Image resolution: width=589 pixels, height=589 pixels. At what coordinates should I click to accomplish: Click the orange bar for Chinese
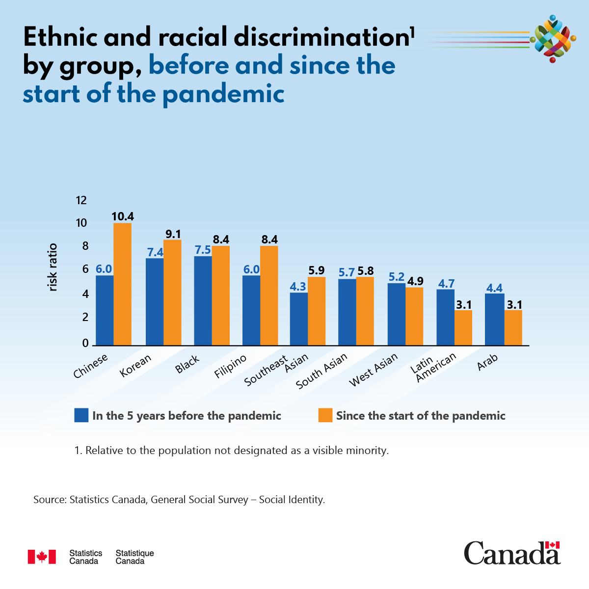pos(122,284)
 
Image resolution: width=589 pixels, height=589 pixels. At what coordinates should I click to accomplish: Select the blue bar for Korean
pos(155,302)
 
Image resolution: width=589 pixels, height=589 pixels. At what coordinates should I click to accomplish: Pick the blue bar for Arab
pos(494,320)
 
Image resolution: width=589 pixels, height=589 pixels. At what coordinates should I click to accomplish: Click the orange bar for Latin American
pos(463,327)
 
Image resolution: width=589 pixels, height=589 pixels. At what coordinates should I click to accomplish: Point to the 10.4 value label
pos(122,216)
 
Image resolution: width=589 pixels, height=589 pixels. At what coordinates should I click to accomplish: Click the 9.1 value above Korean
pos(173,234)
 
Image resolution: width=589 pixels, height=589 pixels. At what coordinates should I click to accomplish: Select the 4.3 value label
pos(298,286)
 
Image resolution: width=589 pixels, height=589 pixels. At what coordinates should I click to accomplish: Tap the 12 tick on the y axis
pos(81,200)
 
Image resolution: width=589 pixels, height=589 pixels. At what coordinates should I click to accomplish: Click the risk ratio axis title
pos(53,268)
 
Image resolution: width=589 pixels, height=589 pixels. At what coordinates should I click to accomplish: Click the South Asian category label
pos(321,371)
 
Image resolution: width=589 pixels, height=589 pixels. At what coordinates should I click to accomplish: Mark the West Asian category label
pos(373,370)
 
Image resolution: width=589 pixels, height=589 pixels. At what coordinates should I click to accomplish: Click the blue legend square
pos(81,415)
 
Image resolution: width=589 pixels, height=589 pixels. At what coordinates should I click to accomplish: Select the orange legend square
pos(325,415)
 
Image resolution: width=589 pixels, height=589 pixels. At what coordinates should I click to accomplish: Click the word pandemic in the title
pos(223,94)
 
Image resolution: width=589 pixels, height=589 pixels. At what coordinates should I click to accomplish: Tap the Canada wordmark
pos(511,554)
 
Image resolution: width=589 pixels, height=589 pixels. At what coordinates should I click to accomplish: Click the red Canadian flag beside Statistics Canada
pos(42,557)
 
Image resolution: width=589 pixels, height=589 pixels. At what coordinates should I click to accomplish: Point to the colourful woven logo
pos(553,39)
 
